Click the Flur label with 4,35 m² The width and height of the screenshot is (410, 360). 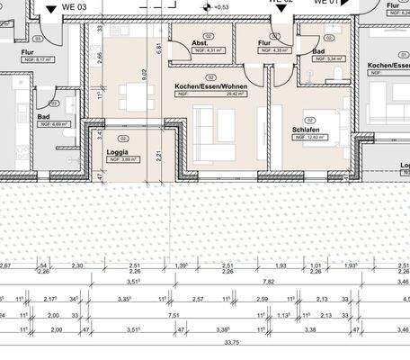tap(264, 41)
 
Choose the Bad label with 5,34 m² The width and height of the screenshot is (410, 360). tap(319, 53)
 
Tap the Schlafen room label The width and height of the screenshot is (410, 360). tap(306, 130)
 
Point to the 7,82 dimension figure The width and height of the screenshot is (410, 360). tap(269, 282)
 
